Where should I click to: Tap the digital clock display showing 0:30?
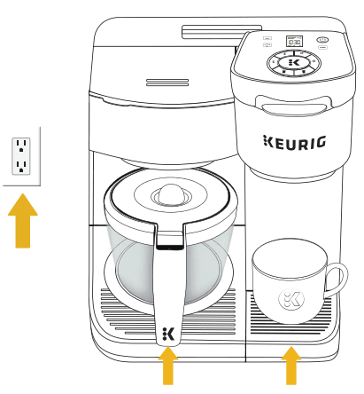pos(293,42)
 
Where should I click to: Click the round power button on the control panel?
pos(322,41)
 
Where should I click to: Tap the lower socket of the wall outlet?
pos(22,165)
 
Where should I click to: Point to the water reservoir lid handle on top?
pos(209,33)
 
